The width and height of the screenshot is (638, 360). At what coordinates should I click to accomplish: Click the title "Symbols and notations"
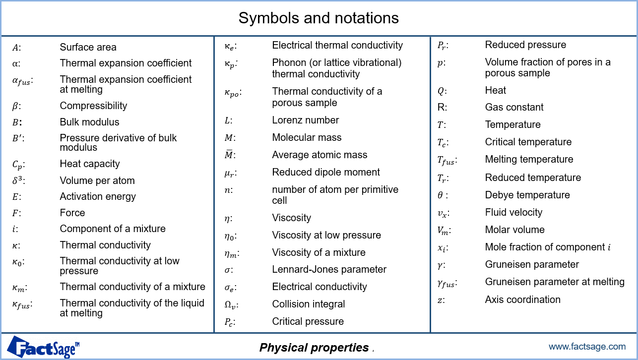(319, 18)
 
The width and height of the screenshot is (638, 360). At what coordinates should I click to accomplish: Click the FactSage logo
(43, 347)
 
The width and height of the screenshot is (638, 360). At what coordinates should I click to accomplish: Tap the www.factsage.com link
(587, 346)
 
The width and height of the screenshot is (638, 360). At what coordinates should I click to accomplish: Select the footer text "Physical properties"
(314, 348)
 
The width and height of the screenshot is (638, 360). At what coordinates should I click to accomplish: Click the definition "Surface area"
(88, 47)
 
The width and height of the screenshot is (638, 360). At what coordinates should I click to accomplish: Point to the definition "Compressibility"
(93, 106)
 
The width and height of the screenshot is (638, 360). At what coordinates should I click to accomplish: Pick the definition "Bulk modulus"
(89, 122)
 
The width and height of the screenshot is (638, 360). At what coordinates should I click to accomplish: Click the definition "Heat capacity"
(90, 164)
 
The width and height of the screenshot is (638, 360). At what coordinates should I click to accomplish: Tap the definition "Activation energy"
(98, 197)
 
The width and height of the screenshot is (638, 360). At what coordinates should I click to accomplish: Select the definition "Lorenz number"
(305, 120)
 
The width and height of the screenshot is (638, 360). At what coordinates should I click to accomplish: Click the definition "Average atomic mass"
(319, 155)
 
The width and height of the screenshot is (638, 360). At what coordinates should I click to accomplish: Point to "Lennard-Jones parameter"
(329, 269)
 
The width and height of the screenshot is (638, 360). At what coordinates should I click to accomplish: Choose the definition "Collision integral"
(309, 304)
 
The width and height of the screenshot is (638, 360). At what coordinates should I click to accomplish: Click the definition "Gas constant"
(514, 107)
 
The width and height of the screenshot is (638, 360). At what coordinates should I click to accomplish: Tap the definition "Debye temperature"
(527, 195)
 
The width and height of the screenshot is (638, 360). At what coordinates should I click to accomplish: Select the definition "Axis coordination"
(522, 300)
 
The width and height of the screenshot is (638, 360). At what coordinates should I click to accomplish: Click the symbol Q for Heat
(441, 91)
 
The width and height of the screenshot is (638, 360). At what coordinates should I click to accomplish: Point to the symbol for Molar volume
(443, 231)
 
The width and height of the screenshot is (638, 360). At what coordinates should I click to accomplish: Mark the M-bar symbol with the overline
(228, 154)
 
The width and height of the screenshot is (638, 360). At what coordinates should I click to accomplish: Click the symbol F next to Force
(15, 213)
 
